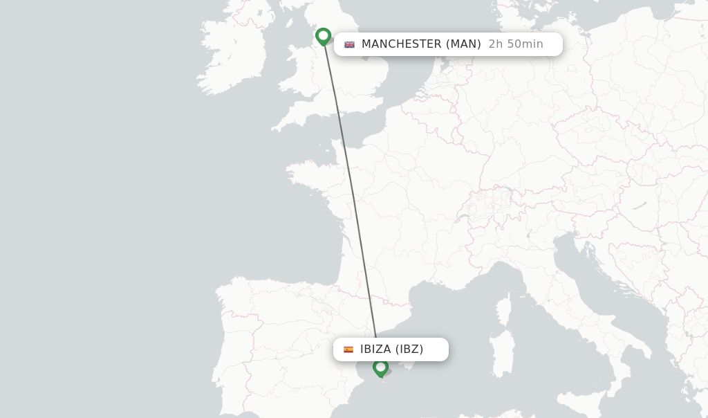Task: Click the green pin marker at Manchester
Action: coord(323,36)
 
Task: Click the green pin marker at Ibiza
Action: coord(380,367)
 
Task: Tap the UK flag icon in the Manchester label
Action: coord(349,44)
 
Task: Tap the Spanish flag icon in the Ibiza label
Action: coord(348,349)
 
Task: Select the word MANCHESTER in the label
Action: coord(401,44)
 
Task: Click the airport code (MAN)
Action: coord(463,44)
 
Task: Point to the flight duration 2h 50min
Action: coord(516,44)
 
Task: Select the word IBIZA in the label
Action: coord(375,349)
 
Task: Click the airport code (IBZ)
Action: coord(409,349)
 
